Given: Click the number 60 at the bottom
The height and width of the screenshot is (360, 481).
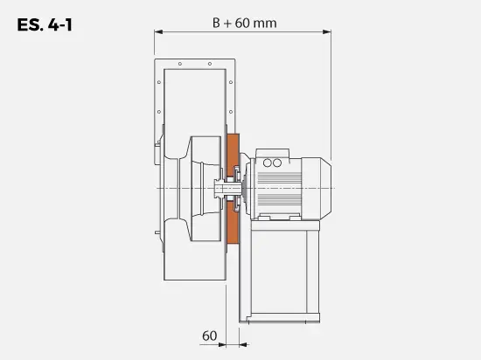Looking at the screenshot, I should (x=209, y=335).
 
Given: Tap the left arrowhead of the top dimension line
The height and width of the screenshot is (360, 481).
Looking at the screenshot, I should (x=158, y=32).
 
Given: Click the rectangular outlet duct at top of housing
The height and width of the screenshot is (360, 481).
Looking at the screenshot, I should (x=194, y=96).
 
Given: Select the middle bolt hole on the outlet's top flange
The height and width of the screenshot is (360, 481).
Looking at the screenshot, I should (x=194, y=64).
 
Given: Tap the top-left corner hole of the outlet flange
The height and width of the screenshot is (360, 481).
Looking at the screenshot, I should (x=159, y=64).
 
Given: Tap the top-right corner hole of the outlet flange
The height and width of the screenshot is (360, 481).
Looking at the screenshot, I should (x=229, y=64).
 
